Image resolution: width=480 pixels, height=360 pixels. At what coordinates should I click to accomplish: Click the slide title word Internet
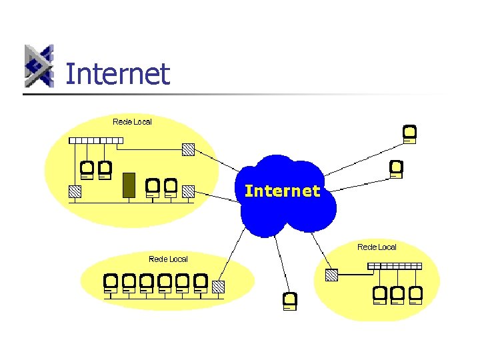click(118, 74)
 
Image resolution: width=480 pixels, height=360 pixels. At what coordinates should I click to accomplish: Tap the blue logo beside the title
click(39, 66)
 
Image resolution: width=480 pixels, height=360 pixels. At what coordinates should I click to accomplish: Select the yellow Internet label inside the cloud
click(282, 191)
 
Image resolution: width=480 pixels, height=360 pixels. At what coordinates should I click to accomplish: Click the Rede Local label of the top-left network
click(132, 121)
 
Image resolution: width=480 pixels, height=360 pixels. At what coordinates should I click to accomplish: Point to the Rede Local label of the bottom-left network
click(168, 259)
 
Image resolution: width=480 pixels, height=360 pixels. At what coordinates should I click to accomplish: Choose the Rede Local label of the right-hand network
click(377, 247)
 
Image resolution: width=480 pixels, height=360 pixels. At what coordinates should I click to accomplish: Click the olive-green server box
click(129, 185)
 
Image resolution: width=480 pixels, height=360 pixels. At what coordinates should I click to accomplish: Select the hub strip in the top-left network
click(97, 141)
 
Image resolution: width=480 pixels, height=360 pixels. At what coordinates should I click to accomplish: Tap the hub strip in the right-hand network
click(395, 265)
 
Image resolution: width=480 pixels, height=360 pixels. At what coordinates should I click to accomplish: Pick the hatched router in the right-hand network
click(332, 274)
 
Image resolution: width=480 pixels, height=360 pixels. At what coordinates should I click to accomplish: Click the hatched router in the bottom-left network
click(218, 287)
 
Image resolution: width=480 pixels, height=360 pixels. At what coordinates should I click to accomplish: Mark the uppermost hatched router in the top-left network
click(189, 149)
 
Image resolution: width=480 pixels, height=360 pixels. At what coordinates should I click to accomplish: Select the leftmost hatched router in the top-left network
click(75, 191)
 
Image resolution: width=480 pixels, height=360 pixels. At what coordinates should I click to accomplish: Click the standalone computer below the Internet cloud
click(289, 301)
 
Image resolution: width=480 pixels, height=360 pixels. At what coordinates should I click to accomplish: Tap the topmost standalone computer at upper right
click(410, 134)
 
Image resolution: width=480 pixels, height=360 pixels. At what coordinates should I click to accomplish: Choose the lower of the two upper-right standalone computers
click(397, 169)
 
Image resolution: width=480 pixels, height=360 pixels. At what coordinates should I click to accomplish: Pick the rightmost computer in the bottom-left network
click(200, 283)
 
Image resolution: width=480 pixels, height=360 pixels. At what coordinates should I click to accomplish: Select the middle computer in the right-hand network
click(398, 294)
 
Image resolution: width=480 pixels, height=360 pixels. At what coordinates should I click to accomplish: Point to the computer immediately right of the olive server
click(153, 187)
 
